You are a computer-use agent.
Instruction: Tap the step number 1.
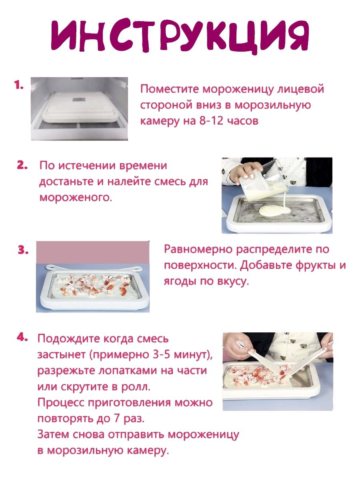click(19, 85)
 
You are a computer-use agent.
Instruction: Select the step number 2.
click(22, 166)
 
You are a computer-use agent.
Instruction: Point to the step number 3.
click(23, 250)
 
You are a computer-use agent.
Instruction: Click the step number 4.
click(22, 337)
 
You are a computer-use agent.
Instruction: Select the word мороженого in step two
click(76, 198)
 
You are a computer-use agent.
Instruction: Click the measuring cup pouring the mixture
click(264, 181)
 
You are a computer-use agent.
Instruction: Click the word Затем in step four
click(53, 434)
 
